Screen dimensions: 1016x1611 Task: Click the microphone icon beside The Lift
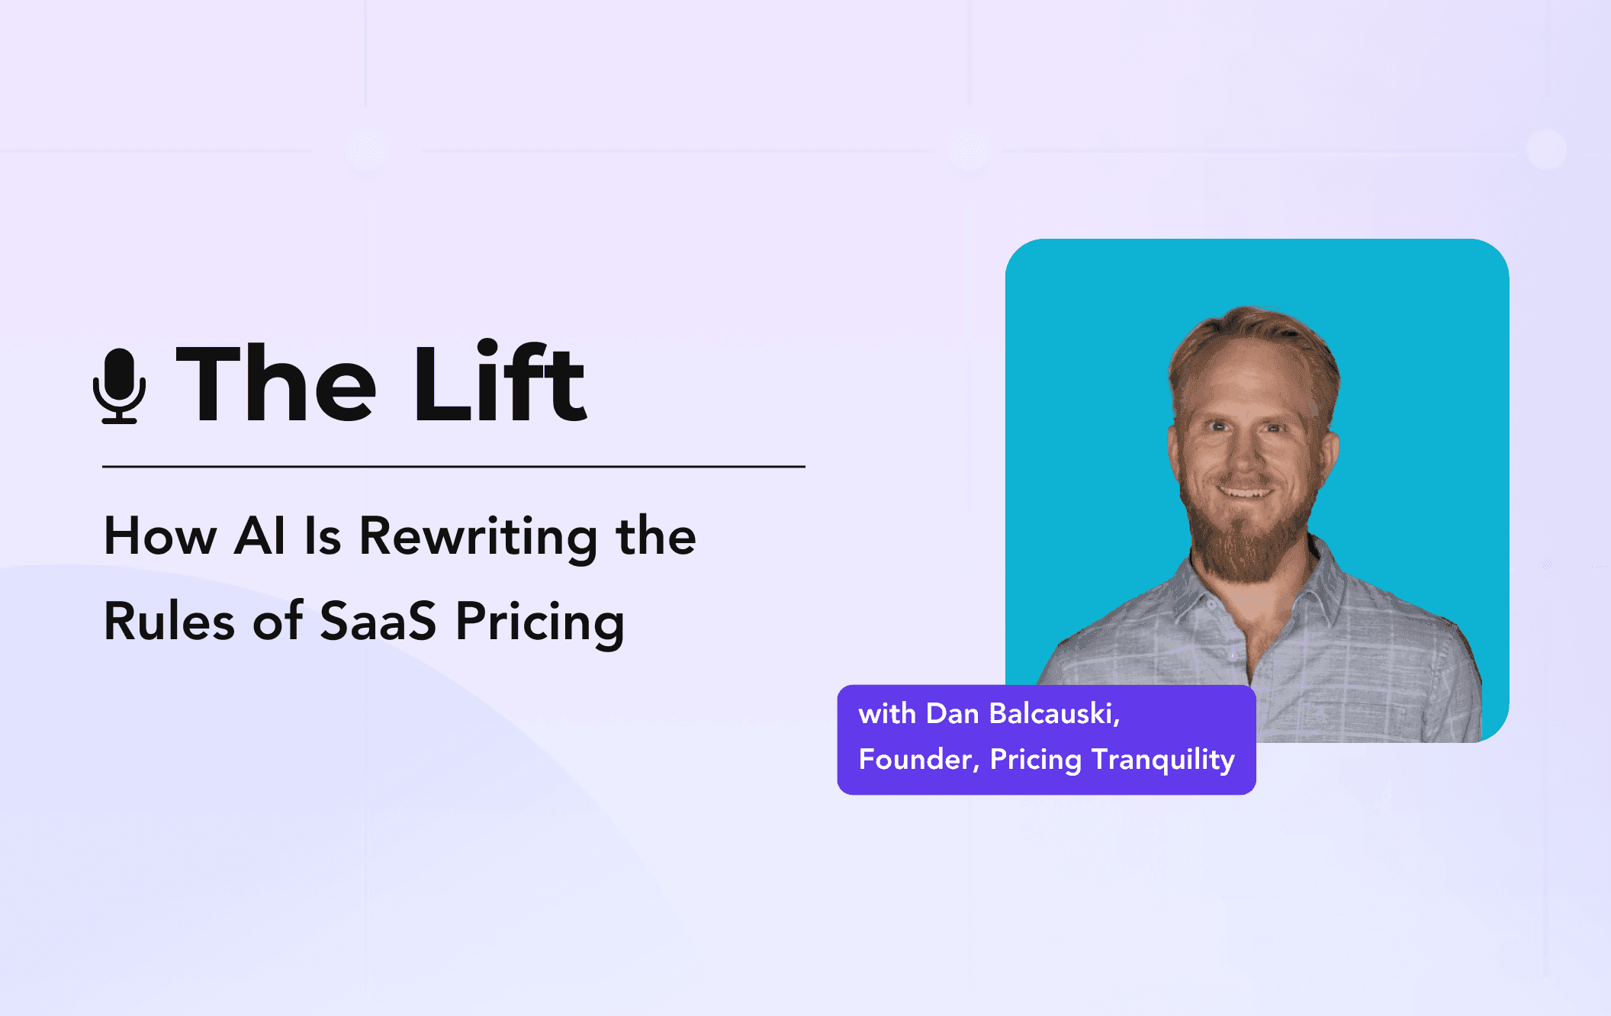pyautogui.click(x=119, y=385)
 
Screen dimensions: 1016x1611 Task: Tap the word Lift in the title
pyautogui.click(x=500, y=382)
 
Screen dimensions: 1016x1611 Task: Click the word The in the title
pyautogui.click(x=276, y=384)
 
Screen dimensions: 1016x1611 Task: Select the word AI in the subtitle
pyautogui.click(x=259, y=535)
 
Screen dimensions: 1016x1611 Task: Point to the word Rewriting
pyautogui.click(x=478, y=537)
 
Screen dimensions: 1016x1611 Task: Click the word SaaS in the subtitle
pyautogui.click(x=378, y=621)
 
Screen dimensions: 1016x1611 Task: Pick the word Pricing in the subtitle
pyautogui.click(x=540, y=622)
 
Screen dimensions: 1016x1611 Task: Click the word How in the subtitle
pyautogui.click(x=160, y=535)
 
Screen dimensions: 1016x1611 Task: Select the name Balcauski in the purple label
pyautogui.click(x=1054, y=714)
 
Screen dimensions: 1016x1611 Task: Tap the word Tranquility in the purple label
pyautogui.click(x=1163, y=760)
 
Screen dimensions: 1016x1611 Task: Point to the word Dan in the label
pyautogui.click(x=952, y=714)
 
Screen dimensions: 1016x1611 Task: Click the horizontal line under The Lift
pyautogui.click(x=453, y=466)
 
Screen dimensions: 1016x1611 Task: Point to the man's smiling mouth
pyautogui.click(x=1245, y=492)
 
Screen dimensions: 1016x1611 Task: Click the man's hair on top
pyautogui.click(x=1251, y=328)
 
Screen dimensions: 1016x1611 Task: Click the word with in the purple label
pyautogui.click(x=886, y=714)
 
